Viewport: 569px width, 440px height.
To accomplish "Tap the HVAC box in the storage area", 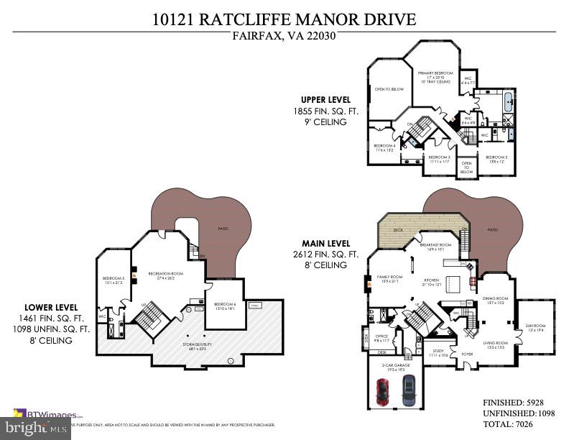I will [254, 306].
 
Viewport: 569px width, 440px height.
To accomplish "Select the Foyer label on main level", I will [467, 354].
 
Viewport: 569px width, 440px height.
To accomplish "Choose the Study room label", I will [438, 352].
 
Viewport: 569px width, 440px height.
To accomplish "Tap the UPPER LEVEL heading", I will [325, 99].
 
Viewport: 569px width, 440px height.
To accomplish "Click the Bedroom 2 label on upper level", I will [496, 157].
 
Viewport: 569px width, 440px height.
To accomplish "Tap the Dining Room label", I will [495, 298].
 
